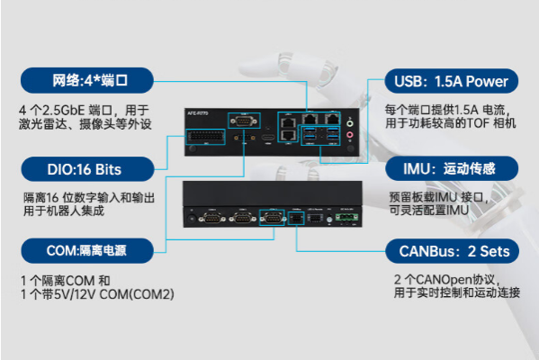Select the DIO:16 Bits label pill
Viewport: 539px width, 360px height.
click(84, 168)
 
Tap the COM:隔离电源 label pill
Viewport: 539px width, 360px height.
click(83, 249)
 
